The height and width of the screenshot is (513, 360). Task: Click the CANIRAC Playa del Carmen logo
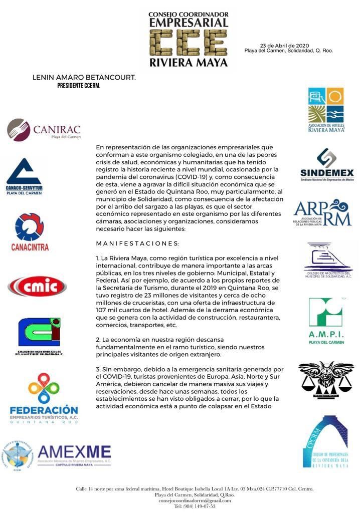[x=44, y=130]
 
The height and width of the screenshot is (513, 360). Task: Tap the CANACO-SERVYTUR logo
[x=24, y=177]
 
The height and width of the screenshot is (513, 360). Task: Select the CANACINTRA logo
[x=30, y=231]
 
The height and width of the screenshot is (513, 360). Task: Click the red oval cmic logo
[x=37, y=287]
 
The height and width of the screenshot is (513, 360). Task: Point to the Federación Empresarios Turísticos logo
[x=44, y=398]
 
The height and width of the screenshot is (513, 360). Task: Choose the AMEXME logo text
[x=74, y=452]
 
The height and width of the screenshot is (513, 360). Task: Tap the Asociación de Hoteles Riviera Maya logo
[x=326, y=110]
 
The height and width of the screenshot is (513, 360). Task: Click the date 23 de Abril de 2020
[x=288, y=45]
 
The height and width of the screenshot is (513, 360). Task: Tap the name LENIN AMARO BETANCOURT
[x=84, y=78]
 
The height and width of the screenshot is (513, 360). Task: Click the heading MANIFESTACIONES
[x=137, y=243]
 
